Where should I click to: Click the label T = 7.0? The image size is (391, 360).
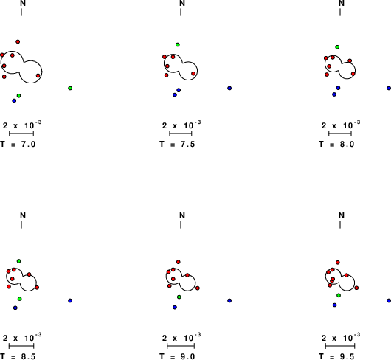click(18, 144)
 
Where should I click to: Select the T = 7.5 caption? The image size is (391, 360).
click(177, 144)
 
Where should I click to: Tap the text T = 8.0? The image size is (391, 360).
click(336, 144)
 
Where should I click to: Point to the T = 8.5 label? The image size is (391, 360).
click(18, 356)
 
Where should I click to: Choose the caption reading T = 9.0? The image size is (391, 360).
click(177, 356)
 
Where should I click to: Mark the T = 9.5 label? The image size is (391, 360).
click(336, 356)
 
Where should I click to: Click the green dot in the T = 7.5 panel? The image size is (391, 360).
click(178, 44)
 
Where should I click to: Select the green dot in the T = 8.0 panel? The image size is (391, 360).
click(337, 47)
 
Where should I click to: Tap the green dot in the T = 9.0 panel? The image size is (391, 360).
click(179, 297)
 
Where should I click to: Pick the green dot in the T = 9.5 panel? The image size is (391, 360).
click(339, 295)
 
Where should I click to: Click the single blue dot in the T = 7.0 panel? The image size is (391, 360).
click(14, 101)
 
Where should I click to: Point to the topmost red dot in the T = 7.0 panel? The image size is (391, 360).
click(18, 41)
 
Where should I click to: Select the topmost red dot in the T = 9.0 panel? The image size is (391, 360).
click(179, 262)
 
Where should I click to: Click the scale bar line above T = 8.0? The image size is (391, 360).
click(340, 134)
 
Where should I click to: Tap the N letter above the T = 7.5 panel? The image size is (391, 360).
click(182, 3)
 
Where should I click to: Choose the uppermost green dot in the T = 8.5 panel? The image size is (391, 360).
click(18, 261)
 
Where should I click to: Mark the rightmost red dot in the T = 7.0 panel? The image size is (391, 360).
click(38, 75)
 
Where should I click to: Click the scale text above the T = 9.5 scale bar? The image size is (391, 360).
click(341, 337)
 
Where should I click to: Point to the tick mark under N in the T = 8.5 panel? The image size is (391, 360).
click(21, 224)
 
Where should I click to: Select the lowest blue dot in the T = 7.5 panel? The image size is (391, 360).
click(175, 95)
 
